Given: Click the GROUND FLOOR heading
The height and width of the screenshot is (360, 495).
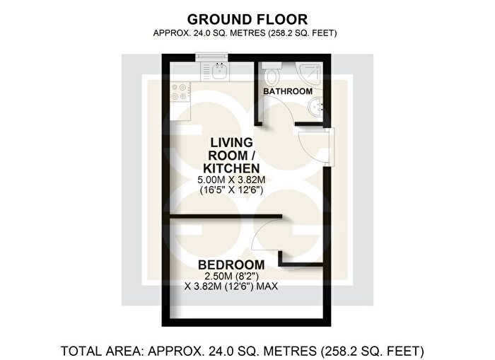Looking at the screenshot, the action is click(x=248, y=19).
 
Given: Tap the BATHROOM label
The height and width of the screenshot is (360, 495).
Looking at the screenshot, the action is click(x=288, y=91).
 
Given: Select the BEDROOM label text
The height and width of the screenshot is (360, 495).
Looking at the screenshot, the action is click(x=231, y=265).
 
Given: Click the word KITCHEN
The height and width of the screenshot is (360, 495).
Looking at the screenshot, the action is click(x=231, y=168).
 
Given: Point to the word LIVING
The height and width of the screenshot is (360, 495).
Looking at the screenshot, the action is click(x=232, y=143).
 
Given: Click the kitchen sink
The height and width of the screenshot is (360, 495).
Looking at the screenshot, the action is click(x=219, y=71).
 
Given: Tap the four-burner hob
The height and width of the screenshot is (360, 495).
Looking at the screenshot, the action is click(x=179, y=92).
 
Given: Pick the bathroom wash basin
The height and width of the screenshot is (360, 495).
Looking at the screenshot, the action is click(x=314, y=107).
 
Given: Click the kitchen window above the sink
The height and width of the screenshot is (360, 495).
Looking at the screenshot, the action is click(x=212, y=57).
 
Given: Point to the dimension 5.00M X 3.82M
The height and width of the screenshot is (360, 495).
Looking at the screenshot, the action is click(x=231, y=180).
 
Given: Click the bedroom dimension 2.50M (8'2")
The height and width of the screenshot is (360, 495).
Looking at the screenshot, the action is click(x=231, y=277).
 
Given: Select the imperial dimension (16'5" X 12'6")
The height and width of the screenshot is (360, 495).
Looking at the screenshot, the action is click(x=231, y=190).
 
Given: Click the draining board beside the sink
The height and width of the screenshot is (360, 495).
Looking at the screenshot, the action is click(x=206, y=71).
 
